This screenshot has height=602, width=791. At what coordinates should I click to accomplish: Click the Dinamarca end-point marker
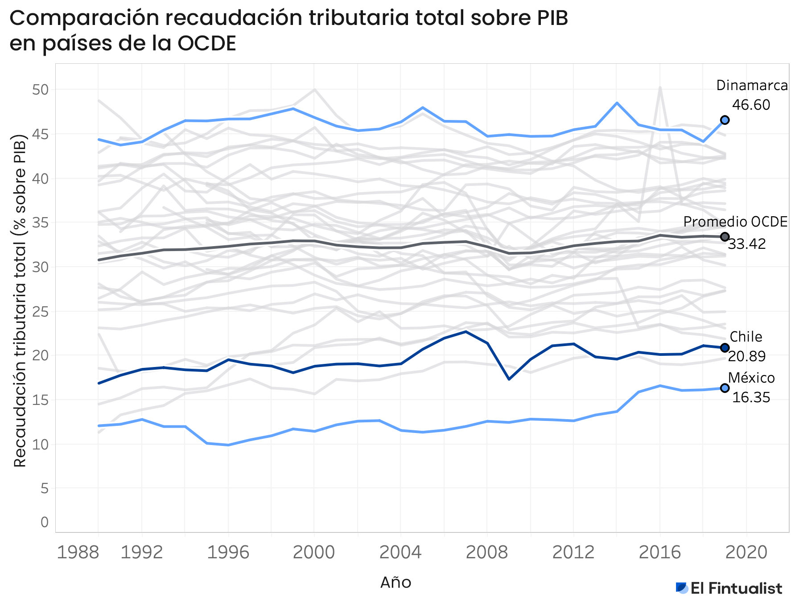click(x=725, y=120)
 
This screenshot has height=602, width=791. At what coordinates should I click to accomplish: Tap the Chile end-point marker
click(x=725, y=348)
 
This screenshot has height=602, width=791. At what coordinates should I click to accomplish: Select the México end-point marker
click(x=725, y=388)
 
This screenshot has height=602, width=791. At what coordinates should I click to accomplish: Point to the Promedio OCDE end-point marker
click(x=725, y=237)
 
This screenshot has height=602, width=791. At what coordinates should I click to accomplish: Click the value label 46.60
click(x=751, y=105)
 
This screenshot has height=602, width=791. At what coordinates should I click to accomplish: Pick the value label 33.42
click(x=746, y=244)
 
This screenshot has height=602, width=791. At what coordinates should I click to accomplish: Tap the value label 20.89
click(x=746, y=356)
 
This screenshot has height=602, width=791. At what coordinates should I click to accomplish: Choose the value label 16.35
click(x=751, y=397)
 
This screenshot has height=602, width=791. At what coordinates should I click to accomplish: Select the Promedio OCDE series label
click(x=735, y=222)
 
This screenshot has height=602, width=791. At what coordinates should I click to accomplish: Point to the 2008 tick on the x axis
click(x=487, y=553)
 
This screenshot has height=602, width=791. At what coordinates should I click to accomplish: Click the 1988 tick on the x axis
click(x=78, y=553)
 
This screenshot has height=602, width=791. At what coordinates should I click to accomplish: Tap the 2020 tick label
click(x=746, y=553)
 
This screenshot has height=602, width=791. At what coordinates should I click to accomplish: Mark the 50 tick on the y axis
click(x=40, y=90)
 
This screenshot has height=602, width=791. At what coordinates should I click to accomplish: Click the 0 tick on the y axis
click(x=44, y=522)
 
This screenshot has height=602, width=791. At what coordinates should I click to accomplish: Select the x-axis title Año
click(x=395, y=582)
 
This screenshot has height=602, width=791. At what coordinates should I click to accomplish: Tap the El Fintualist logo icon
click(x=682, y=588)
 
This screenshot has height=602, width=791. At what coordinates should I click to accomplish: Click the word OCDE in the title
click(x=206, y=44)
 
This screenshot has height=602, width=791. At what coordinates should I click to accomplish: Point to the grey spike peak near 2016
click(x=660, y=87)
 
